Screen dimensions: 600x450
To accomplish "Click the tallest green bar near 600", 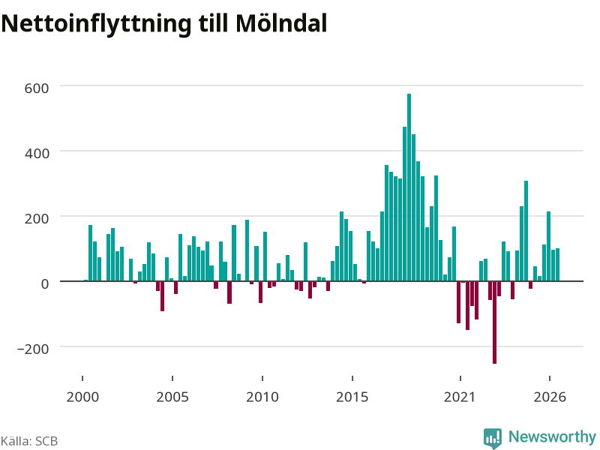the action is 409,187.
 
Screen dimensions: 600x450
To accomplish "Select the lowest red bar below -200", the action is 494,322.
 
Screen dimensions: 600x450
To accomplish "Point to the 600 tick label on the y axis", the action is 37,88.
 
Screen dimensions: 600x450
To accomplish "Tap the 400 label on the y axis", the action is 37,154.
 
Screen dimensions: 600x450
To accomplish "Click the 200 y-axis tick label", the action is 37,219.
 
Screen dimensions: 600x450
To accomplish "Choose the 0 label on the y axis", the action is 45,284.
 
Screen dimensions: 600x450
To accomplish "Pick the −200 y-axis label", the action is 33,349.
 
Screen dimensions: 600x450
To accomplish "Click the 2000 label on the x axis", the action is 82,397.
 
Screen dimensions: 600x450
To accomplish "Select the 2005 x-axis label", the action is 172,397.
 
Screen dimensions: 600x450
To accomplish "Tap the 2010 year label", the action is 262,397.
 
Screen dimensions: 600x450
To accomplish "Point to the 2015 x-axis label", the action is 352,397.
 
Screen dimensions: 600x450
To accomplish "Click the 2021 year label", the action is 460,397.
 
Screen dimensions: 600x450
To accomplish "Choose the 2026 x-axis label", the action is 550,397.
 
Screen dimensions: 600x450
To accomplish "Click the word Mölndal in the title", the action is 281,23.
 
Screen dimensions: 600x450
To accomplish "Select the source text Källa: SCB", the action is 29,441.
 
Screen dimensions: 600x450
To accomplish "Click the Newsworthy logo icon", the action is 493,438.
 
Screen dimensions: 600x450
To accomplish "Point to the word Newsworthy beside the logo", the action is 552,437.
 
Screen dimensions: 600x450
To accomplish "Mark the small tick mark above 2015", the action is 352,379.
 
